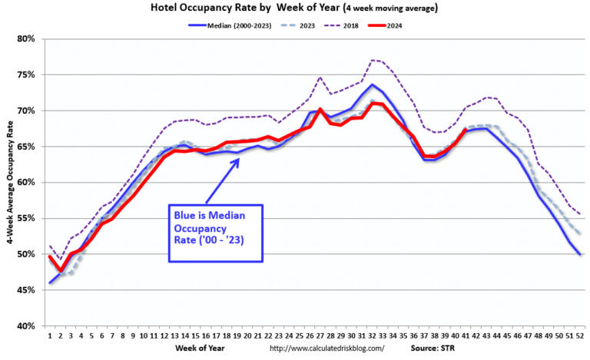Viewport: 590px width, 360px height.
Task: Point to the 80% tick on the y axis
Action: point(27,38)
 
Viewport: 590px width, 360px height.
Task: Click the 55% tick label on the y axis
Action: point(27,218)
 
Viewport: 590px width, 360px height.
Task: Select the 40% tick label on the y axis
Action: point(27,326)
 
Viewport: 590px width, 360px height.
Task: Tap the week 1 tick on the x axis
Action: point(51,335)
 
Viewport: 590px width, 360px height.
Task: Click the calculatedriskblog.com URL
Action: point(329,348)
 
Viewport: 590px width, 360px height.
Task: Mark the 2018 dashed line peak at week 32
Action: point(371,60)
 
